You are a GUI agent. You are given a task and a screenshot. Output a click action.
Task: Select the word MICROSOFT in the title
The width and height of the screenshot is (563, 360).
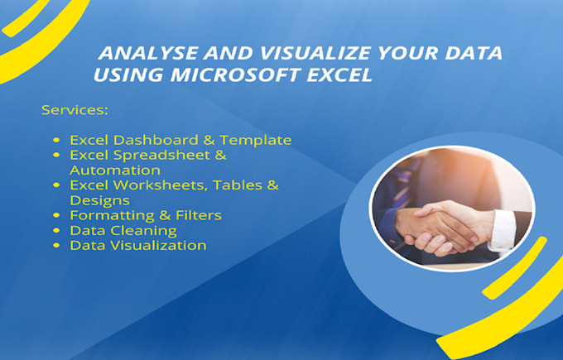pyautogui.click(x=233, y=76)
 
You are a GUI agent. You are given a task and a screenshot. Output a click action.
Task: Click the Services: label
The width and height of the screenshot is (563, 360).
pyautogui.click(x=75, y=109)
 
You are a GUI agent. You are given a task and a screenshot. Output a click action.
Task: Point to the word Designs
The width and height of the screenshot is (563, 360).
pyautogui.click(x=99, y=199)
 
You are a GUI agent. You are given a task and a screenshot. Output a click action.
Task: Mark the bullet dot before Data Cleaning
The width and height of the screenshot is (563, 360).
pyautogui.click(x=56, y=231)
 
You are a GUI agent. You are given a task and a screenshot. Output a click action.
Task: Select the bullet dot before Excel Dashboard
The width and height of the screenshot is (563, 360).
pyautogui.click(x=56, y=141)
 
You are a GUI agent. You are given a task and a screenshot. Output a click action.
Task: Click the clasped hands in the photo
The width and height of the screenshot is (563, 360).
pyautogui.click(x=440, y=228)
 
